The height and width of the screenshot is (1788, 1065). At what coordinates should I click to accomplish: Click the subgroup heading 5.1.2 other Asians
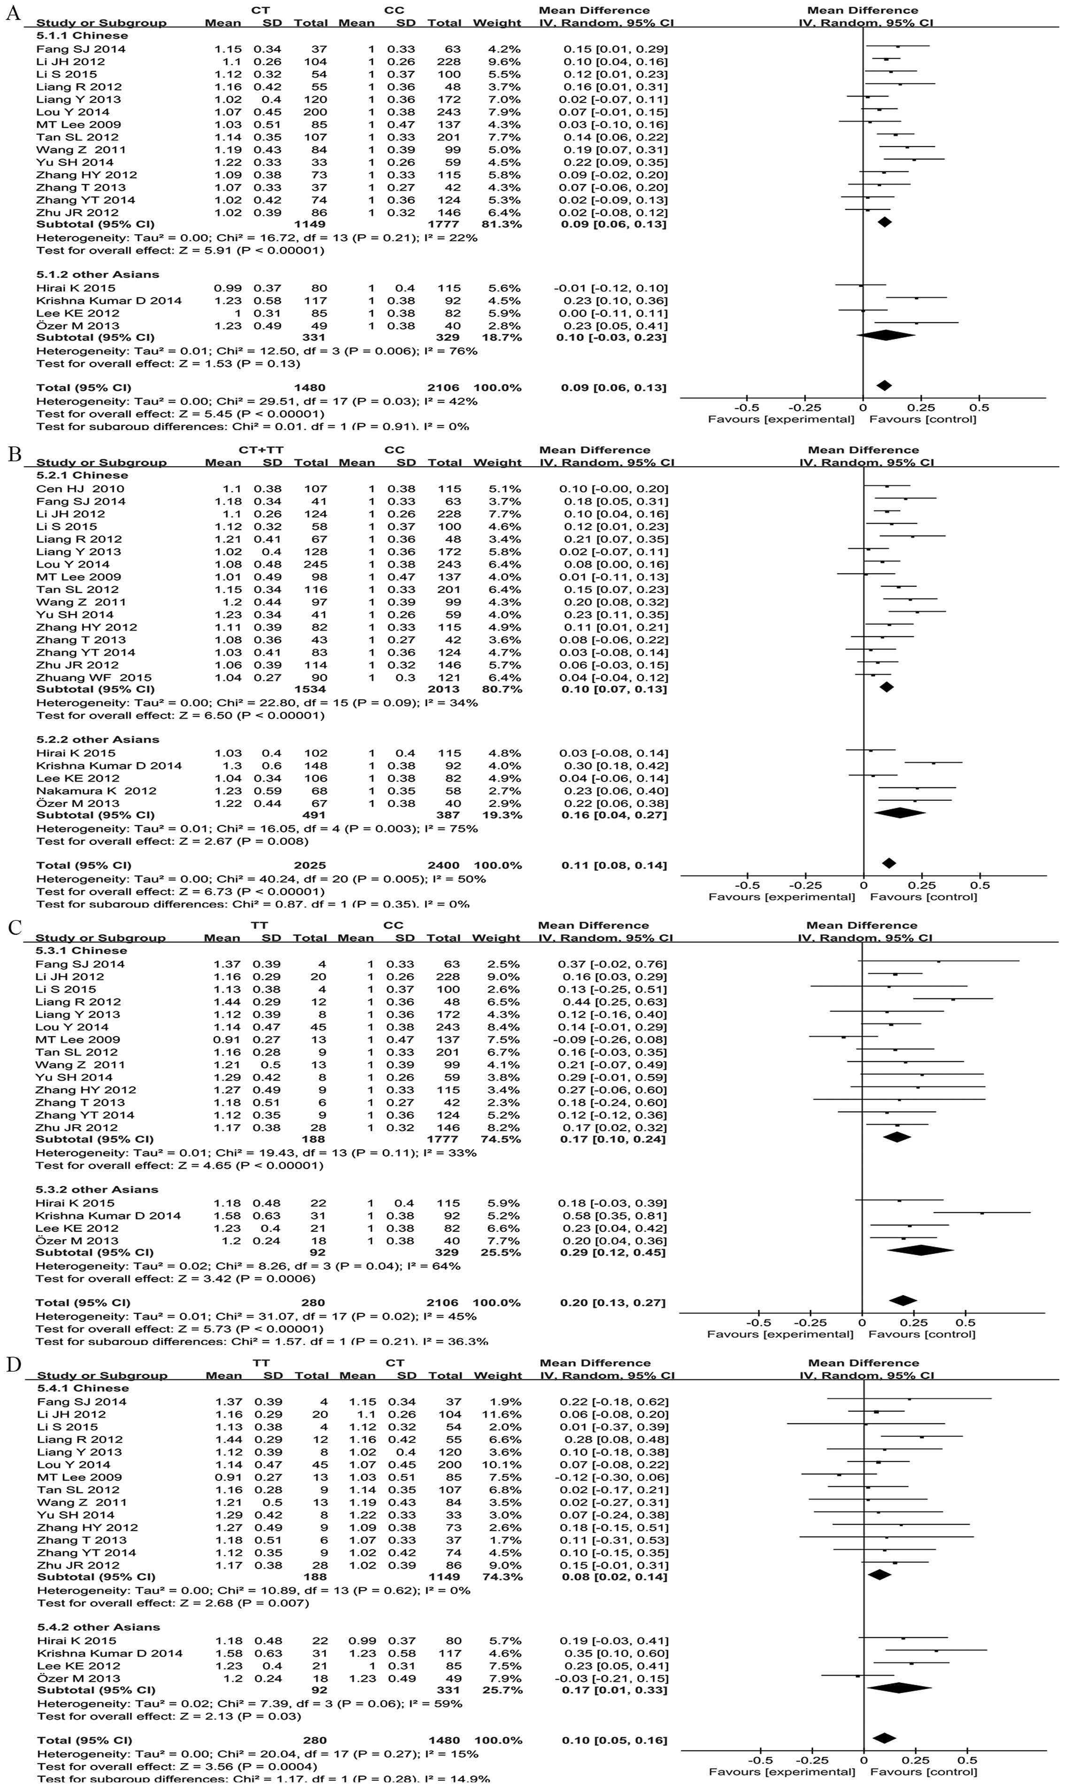[98, 274]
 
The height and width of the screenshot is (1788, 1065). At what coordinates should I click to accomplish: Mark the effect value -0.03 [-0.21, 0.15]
[614, 1678]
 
